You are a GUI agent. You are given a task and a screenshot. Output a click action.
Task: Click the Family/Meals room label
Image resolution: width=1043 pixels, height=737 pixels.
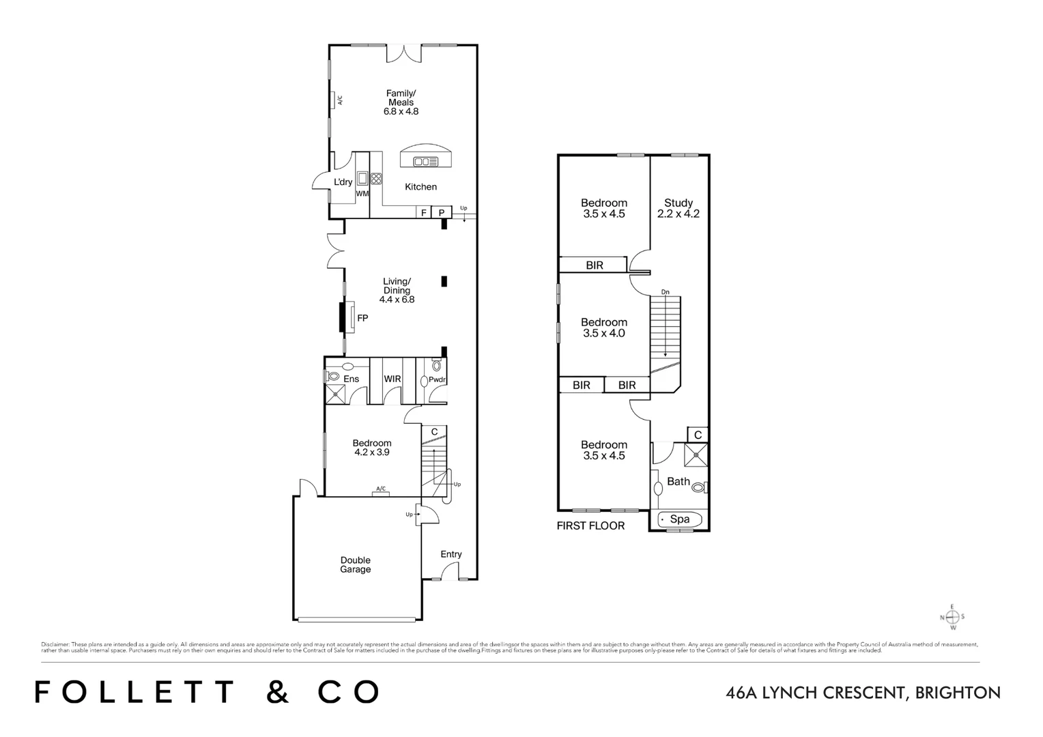click(401, 102)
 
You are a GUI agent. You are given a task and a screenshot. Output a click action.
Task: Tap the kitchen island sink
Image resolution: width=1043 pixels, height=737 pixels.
click(425, 162)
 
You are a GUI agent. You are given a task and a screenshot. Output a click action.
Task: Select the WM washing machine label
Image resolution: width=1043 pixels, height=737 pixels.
click(362, 194)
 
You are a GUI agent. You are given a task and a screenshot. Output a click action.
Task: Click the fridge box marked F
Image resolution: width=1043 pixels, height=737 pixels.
click(424, 213)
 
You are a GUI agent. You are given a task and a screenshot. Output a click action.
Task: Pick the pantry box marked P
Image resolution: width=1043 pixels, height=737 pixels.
click(442, 213)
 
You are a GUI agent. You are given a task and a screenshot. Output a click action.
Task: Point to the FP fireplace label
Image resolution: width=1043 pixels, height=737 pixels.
click(362, 318)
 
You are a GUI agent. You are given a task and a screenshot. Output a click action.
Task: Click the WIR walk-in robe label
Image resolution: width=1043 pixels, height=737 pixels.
click(392, 379)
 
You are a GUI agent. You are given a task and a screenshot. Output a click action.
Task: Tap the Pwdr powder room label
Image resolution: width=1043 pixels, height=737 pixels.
click(437, 380)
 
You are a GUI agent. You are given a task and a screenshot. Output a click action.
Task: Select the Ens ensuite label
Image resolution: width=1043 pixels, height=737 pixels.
click(351, 379)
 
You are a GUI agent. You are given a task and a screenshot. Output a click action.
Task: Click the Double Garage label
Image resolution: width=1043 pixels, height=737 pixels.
click(356, 565)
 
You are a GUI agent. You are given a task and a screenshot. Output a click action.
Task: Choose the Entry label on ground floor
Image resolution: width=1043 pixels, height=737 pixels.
click(451, 554)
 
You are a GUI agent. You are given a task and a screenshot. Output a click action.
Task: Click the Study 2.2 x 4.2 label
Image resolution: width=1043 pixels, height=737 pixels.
click(678, 208)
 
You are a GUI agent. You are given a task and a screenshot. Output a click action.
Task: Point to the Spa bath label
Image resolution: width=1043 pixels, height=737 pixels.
click(680, 519)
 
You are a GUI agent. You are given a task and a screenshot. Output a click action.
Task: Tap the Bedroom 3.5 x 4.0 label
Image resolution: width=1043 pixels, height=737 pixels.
click(604, 328)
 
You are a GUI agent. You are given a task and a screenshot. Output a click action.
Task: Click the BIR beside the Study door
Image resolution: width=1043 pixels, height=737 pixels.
click(595, 265)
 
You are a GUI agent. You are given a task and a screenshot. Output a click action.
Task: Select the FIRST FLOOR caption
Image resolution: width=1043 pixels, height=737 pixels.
click(590, 526)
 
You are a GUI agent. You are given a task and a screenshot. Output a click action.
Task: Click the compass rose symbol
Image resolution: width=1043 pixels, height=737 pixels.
click(953, 617)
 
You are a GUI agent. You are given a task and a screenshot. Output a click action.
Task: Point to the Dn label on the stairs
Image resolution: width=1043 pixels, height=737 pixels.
click(666, 293)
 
